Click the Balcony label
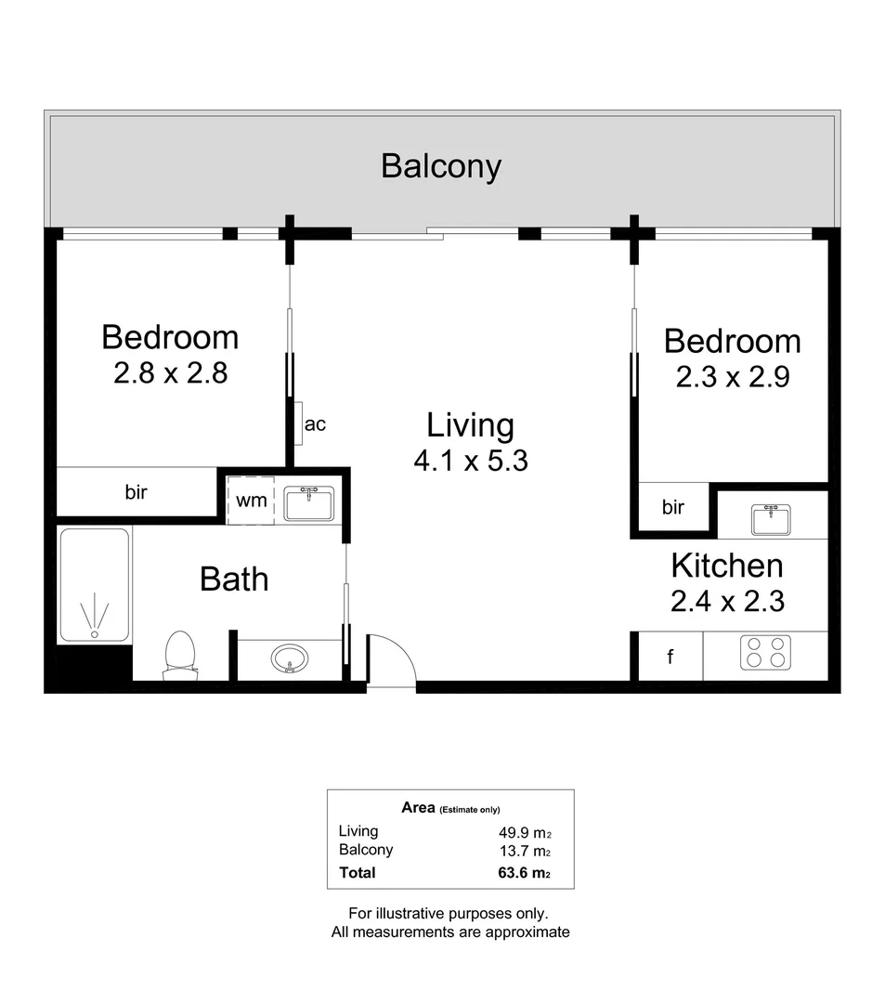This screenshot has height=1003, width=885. [441, 167]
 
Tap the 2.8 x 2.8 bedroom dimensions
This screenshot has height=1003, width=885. [171, 373]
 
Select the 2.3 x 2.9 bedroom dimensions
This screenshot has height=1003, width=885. [732, 378]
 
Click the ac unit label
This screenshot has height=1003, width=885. [315, 424]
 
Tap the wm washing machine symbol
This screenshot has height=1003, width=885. [251, 501]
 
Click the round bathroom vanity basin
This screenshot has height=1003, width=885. [290, 659]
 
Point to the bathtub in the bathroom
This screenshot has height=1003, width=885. [94, 585]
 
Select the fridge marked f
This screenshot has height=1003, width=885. [670, 657]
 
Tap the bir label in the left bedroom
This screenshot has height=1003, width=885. [137, 492]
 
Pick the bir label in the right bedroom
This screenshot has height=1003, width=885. [672, 507]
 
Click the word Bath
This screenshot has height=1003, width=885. [234, 580]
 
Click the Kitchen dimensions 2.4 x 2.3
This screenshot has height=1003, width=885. [727, 602]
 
